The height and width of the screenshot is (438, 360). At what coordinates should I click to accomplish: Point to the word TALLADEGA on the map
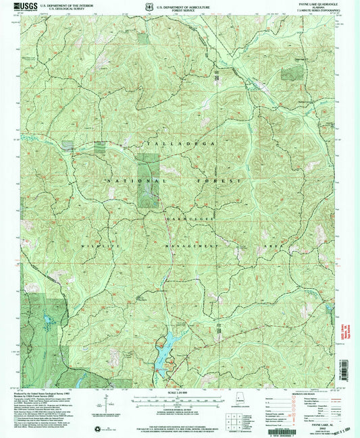coord(173,144)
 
